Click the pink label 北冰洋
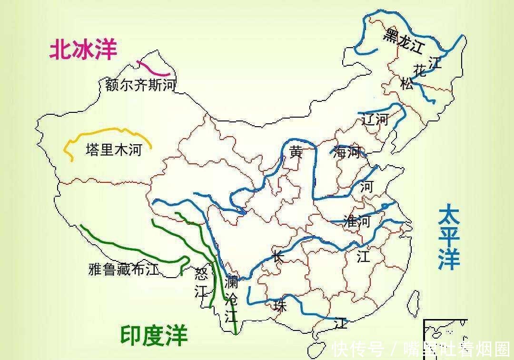coord(83,50)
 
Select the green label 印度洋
coord(153,335)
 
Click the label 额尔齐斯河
coord(140,86)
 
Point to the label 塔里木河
coord(114,150)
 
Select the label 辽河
coord(375,119)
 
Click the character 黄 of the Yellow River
coord(296,152)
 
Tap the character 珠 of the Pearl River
coord(280,306)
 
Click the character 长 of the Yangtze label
coord(278,256)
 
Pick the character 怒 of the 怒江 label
coord(202,274)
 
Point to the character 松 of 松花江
coord(407,85)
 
